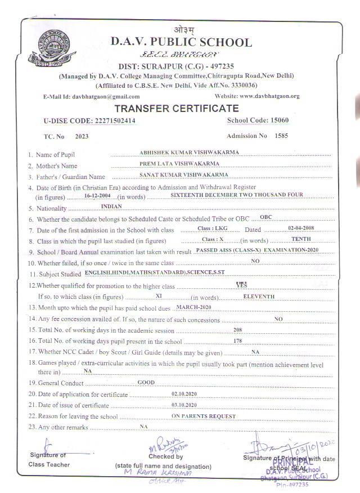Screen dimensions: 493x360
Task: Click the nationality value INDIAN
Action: click(x=111, y=207)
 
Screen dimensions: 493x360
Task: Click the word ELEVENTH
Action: click(x=259, y=295)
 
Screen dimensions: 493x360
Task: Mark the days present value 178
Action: click(x=237, y=340)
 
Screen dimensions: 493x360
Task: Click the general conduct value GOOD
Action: click(x=146, y=382)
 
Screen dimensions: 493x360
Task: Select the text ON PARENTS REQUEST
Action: click(x=204, y=415)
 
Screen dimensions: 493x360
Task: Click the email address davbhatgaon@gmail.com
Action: click(x=106, y=96)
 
